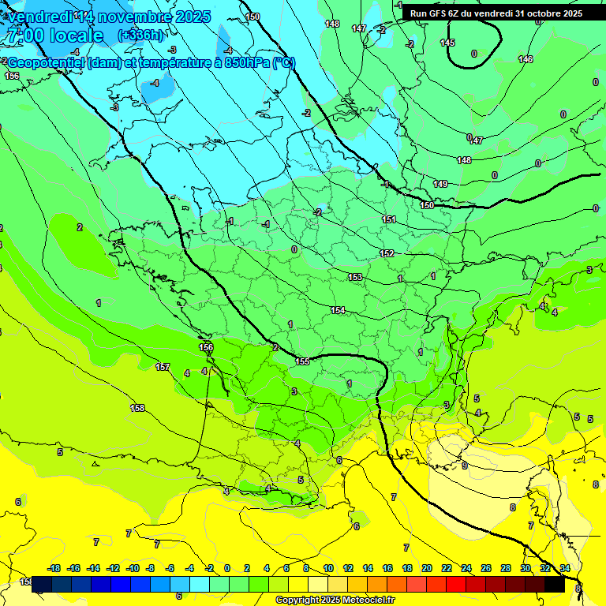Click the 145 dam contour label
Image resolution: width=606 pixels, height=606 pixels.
tap(447, 43)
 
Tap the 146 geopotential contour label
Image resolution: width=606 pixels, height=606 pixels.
tap(526, 59)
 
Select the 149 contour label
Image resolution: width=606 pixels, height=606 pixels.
tap(440, 184)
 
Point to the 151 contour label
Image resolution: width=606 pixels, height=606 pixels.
tap(389, 219)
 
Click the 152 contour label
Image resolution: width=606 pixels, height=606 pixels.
tap(387, 253)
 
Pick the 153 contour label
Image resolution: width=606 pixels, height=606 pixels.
tap(355, 277)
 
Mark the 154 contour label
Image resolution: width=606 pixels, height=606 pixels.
tap(338, 310)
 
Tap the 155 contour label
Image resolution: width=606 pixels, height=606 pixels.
tap(302, 361)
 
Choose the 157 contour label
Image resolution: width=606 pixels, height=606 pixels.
tap(163, 367)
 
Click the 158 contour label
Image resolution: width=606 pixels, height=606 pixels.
tap(137, 408)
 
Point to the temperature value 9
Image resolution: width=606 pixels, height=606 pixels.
tap(465, 466)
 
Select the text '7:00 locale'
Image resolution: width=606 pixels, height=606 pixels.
tap(54, 36)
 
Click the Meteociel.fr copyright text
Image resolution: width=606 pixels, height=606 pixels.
tap(335, 600)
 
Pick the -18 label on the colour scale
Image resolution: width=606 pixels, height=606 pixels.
tap(54, 568)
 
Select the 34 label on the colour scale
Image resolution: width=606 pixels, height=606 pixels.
tap(565, 568)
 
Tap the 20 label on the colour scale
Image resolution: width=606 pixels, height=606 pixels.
tap(427, 568)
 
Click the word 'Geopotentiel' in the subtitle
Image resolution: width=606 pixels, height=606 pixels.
tap(46, 63)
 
